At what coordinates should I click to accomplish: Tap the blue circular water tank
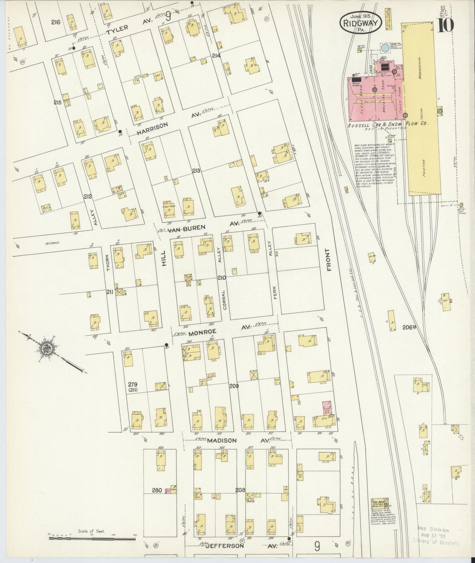coord(384,49)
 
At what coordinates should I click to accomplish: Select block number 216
coord(56,22)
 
